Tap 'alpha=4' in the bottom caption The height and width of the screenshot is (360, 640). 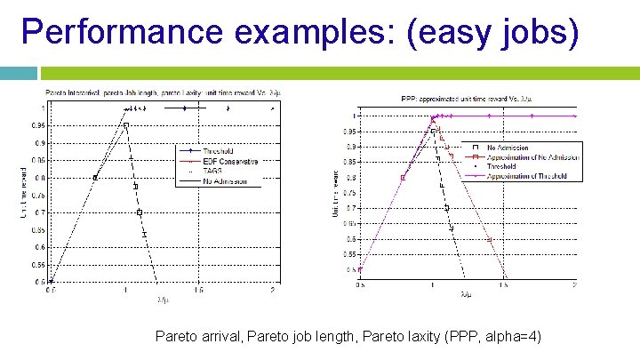pyautogui.click(x=513, y=337)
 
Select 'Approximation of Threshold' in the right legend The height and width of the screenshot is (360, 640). pyautogui.click(x=531, y=175)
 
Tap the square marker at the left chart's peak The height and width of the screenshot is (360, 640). pyautogui.click(x=126, y=125)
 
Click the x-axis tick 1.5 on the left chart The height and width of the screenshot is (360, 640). pyautogui.click(x=199, y=290)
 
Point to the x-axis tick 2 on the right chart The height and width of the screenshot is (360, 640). pyautogui.click(x=575, y=284)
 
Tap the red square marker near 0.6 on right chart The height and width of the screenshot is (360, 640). pyautogui.click(x=489, y=239)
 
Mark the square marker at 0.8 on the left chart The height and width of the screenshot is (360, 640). pyautogui.click(x=95, y=177)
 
